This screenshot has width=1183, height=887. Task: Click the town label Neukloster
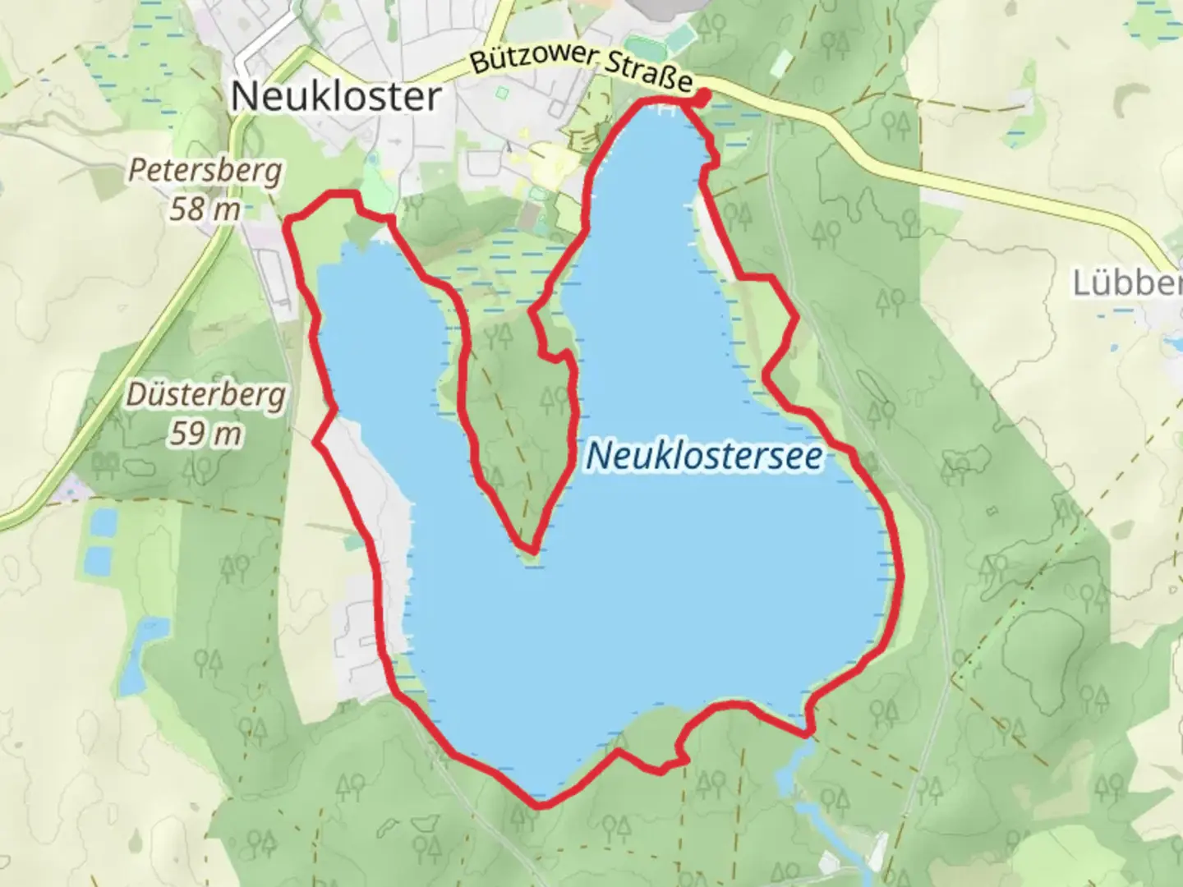335,97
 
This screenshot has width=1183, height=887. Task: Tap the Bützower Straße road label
582,70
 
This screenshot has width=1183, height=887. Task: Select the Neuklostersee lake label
704,457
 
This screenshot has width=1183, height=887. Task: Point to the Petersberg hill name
205,172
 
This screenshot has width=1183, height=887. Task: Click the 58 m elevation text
205,209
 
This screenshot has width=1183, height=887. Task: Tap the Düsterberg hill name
206,396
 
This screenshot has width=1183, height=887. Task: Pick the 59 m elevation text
205,433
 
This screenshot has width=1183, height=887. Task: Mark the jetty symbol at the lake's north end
669,108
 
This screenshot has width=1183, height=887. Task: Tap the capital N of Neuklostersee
598,457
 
